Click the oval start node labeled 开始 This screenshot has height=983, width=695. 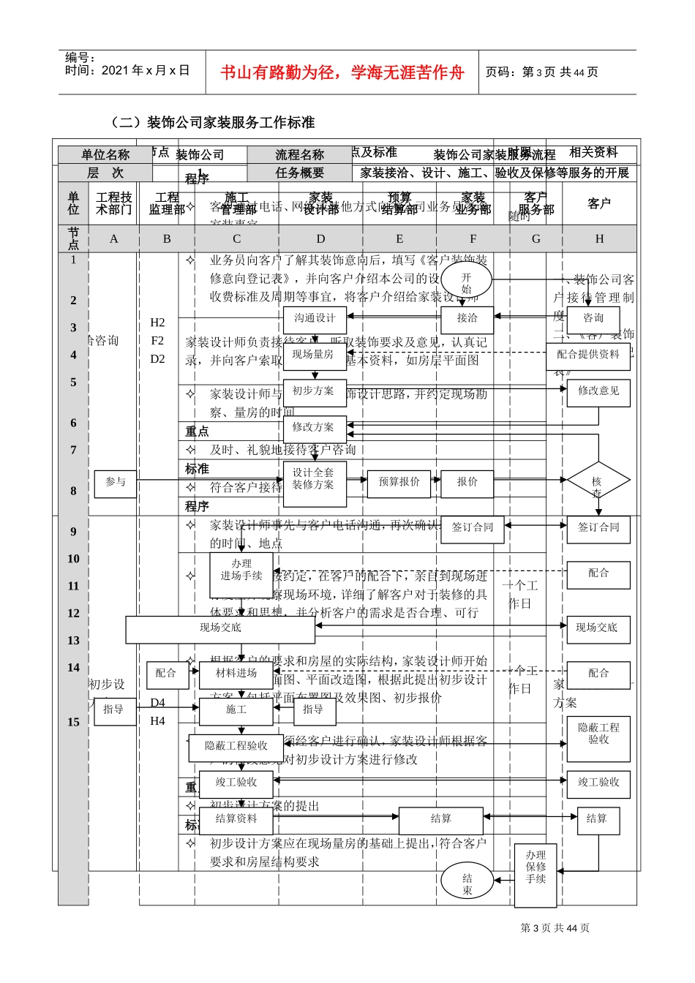click(x=466, y=283)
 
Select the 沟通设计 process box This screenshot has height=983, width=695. click(x=315, y=319)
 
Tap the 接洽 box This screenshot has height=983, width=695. click(x=467, y=319)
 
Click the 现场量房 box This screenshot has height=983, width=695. click(x=314, y=355)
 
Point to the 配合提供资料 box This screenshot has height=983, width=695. click(x=587, y=355)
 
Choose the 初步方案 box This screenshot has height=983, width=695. click(x=314, y=391)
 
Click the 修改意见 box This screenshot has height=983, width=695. click(x=598, y=392)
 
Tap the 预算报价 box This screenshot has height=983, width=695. click(x=399, y=483)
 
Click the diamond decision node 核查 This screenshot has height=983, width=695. click(x=598, y=482)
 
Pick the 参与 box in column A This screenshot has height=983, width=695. click(x=115, y=483)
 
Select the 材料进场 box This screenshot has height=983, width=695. click(x=236, y=674)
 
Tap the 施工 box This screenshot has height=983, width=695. click(x=236, y=710)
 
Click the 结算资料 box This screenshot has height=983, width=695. click(x=236, y=819)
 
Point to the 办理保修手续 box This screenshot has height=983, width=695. click(x=536, y=867)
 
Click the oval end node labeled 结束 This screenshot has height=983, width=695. click(x=467, y=883)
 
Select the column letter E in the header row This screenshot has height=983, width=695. click(x=399, y=239)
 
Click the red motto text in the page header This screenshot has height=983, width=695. click(x=342, y=72)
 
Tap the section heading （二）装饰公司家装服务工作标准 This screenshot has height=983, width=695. click(x=211, y=122)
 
